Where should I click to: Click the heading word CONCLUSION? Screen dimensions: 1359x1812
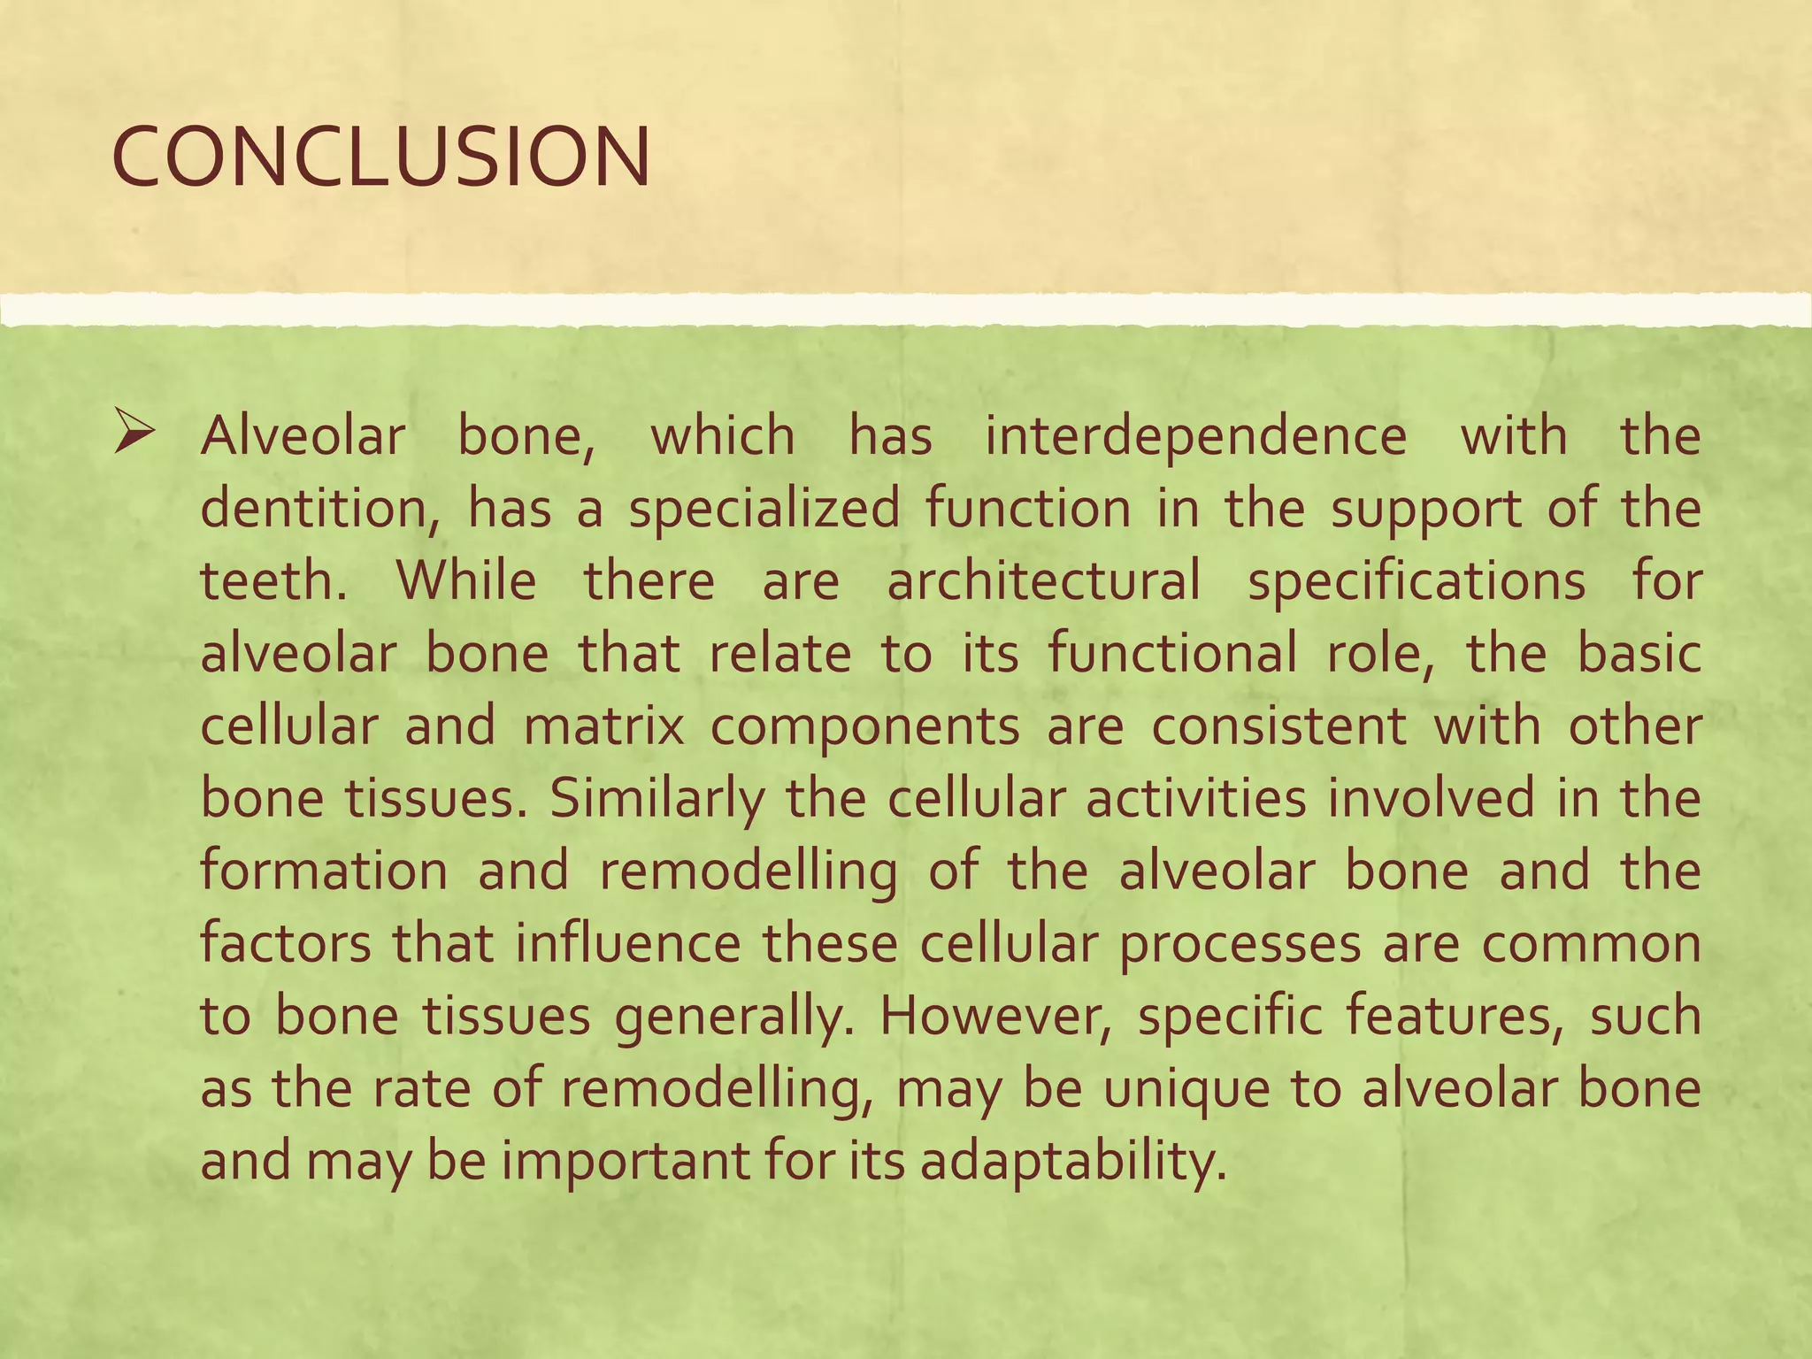(x=381, y=157)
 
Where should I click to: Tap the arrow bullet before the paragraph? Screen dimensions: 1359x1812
(x=134, y=436)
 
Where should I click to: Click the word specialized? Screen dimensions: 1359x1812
(x=764, y=511)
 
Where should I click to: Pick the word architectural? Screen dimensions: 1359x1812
(x=1044, y=582)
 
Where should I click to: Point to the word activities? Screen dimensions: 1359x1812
(x=1195, y=799)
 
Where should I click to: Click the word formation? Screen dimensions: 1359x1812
(x=325, y=871)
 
